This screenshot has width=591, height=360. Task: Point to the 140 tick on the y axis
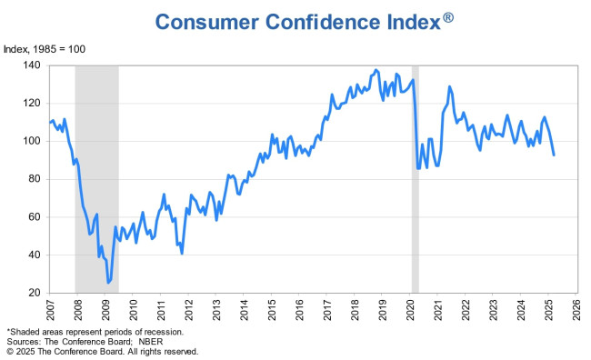click(34, 65)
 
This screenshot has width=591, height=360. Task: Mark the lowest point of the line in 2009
click(108, 283)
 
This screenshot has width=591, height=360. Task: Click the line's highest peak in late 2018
click(376, 70)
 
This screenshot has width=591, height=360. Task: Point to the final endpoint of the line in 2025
click(555, 155)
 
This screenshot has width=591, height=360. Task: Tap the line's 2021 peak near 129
click(449, 86)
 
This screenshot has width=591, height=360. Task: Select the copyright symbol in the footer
click(10, 350)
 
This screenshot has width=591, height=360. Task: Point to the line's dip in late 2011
click(182, 253)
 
